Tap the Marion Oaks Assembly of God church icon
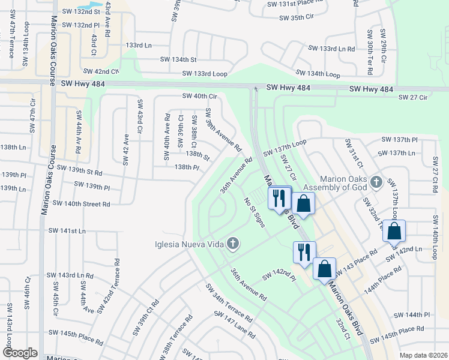click(376, 181)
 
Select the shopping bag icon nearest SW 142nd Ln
click(394, 231)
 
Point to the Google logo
click(20, 353)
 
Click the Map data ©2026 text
click(423, 355)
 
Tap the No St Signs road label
click(255, 212)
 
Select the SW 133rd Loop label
click(205, 74)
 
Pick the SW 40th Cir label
click(199, 96)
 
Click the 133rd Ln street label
click(139, 45)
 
